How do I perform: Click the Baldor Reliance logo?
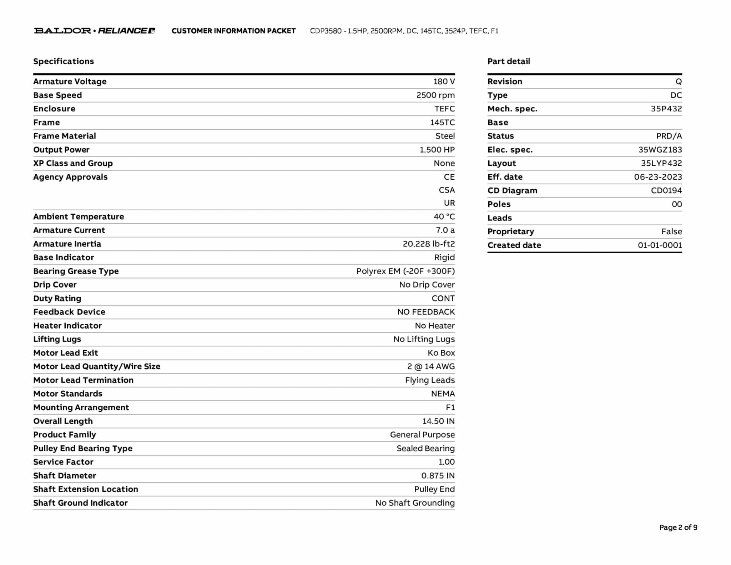pos(95,31)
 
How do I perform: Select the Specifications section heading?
pos(64,61)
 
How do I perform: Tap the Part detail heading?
pos(509,61)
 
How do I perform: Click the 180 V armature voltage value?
pos(444,81)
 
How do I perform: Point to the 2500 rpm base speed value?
pos(435,95)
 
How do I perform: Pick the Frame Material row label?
pos(65,136)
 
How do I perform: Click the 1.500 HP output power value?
pos(437,150)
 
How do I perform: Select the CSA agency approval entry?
pos(447,190)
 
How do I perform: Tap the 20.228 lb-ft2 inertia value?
pos(429,244)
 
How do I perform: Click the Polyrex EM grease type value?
pos(405,271)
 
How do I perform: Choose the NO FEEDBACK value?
pos(426,312)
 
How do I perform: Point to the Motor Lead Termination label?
pos(83,380)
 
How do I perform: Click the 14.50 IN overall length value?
pos(438,421)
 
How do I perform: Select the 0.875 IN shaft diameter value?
pos(438,475)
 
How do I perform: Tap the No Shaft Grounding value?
pos(415,502)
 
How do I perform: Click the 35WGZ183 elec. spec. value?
pos(660,150)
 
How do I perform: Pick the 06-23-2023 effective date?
pos(658,177)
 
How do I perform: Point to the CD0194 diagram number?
pos(666,190)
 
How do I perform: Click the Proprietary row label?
pos(511,231)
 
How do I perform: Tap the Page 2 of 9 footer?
pos(678,527)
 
